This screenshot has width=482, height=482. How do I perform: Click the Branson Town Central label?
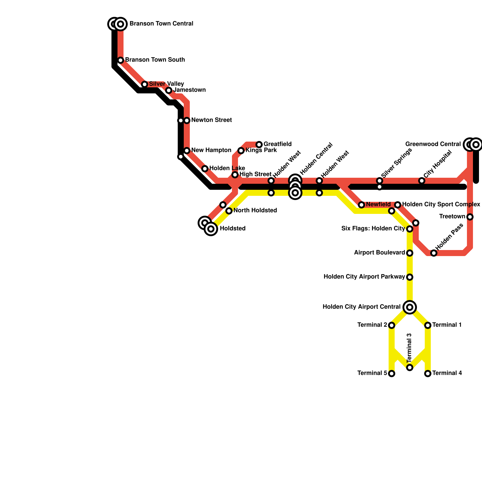[x=161, y=24]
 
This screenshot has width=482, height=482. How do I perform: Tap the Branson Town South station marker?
[x=120, y=60]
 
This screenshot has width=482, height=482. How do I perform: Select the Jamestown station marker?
[x=169, y=90]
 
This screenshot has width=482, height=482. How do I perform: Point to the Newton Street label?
[x=211, y=120]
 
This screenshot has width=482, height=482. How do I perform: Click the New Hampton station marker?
[x=187, y=151]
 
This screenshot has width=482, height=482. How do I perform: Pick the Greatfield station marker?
[x=259, y=145]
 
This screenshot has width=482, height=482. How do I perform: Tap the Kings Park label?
[x=261, y=150]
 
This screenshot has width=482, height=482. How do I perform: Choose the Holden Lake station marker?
[x=205, y=169]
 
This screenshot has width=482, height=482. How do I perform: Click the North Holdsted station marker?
[x=229, y=211]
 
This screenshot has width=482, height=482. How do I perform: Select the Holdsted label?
[x=233, y=229]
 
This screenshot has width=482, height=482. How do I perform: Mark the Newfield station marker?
[x=361, y=205]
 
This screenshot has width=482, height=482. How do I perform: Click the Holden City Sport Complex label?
[x=441, y=205]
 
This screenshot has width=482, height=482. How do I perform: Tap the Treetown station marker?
[x=470, y=217]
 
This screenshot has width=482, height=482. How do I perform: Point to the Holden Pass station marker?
[x=434, y=253]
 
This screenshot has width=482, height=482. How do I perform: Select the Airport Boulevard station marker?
[x=410, y=253]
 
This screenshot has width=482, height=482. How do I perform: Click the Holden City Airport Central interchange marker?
[x=410, y=307]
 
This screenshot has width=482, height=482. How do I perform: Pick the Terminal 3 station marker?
[x=410, y=368]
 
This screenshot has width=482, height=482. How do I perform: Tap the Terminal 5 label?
[x=372, y=373]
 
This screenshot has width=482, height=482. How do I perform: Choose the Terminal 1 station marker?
[x=428, y=325]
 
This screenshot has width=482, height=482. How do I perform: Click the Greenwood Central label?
[x=433, y=144]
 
